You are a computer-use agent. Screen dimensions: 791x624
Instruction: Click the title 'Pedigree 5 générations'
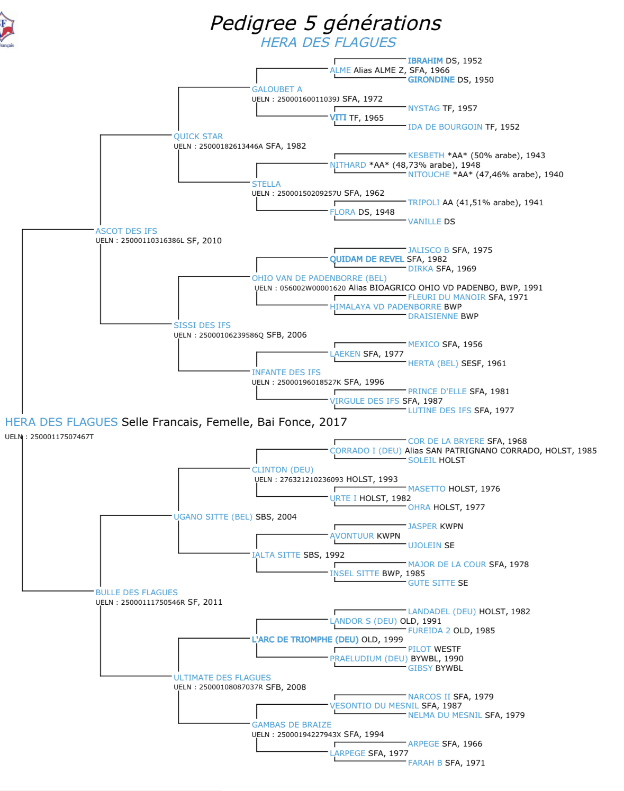(325, 23)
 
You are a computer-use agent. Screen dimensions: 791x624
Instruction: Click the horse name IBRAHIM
(425, 61)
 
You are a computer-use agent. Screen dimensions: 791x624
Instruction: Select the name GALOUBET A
(277, 89)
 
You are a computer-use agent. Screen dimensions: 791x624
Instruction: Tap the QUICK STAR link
(198, 137)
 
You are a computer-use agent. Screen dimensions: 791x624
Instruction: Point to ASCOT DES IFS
(126, 231)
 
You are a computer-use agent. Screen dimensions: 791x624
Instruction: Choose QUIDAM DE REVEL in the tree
(367, 259)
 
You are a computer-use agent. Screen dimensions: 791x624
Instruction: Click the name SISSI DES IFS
(202, 325)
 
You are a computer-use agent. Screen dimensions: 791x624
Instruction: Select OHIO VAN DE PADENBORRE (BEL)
(319, 278)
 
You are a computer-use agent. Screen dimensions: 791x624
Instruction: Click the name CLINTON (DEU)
(282, 470)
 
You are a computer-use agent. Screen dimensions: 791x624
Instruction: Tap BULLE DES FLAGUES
(137, 593)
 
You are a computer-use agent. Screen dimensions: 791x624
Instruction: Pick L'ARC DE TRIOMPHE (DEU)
(305, 640)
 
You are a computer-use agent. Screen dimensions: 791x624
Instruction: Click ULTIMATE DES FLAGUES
(222, 678)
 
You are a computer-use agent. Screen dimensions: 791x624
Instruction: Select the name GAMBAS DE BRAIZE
(291, 725)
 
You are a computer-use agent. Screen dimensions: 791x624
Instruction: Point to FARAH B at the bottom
(424, 763)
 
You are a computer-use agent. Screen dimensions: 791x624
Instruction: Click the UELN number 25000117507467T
(61, 437)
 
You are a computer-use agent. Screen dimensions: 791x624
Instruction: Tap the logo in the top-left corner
(7, 30)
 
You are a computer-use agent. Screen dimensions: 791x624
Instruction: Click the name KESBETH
(426, 156)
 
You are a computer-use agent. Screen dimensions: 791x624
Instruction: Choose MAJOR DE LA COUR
(447, 565)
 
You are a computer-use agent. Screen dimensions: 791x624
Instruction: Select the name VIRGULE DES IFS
(364, 401)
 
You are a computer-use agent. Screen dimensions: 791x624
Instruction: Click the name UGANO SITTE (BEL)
(213, 517)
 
